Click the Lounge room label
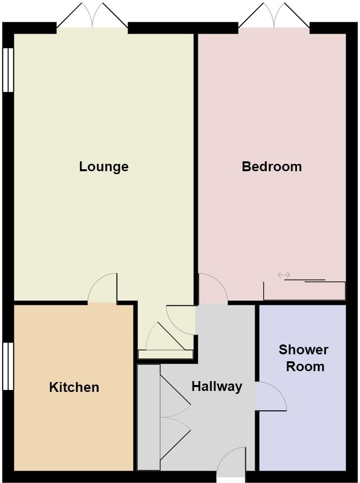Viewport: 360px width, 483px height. (104, 167)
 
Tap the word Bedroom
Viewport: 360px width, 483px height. (271, 167)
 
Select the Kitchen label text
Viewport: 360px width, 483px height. (74, 387)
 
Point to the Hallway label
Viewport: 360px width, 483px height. (217, 386)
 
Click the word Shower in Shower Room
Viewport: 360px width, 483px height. (303, 350)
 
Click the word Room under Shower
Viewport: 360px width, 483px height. (305, 367)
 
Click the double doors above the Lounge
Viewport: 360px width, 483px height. (92, 17)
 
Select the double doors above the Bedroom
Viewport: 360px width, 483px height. (274, 17)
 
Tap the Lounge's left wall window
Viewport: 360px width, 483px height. (8, 70)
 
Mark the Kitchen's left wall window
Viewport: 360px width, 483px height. (8, 366)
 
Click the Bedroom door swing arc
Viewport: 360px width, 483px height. (213, 290)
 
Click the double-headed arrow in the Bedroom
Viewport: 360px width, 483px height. (284, 275)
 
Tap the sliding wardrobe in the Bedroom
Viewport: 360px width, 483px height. (304, 290)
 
